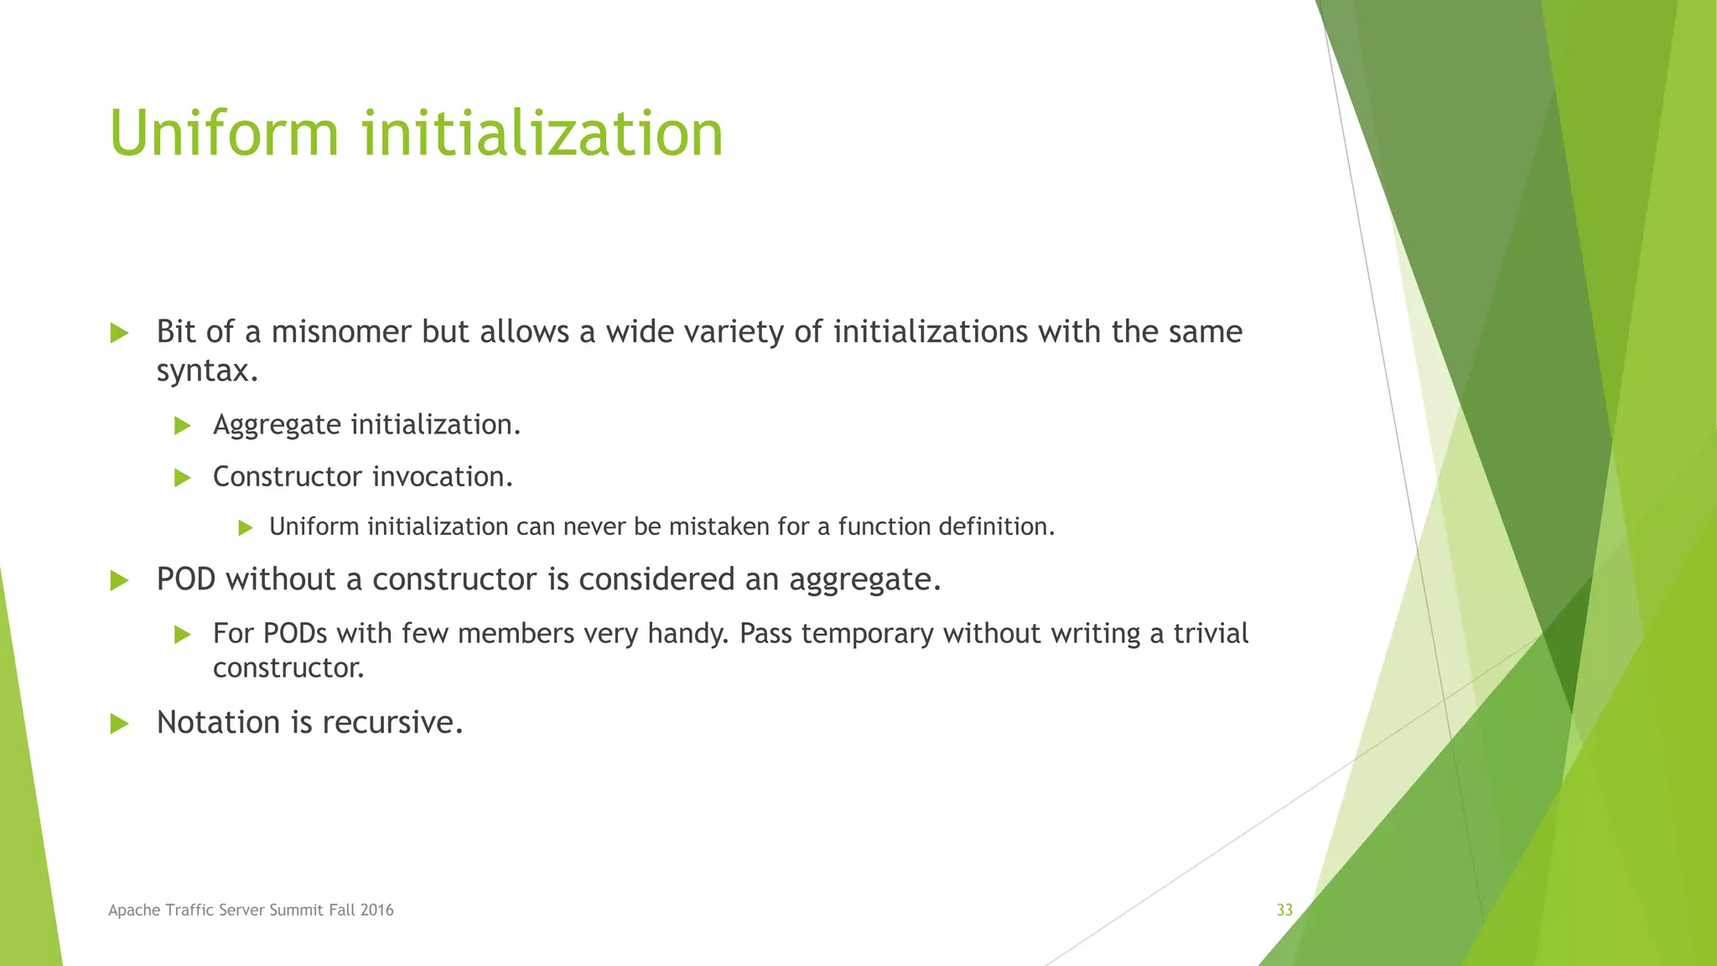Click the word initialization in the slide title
tap(542, 133)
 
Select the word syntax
tap(206, 371)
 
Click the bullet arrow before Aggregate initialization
tap(182, 426)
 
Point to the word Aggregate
tap(277, 425)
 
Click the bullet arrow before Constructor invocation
tap(182, 478)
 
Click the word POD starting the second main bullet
tap(186, 579)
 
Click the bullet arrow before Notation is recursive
tap(119, 724)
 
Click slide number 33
tap(1284, 910)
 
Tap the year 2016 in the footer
tap(376, 910)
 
